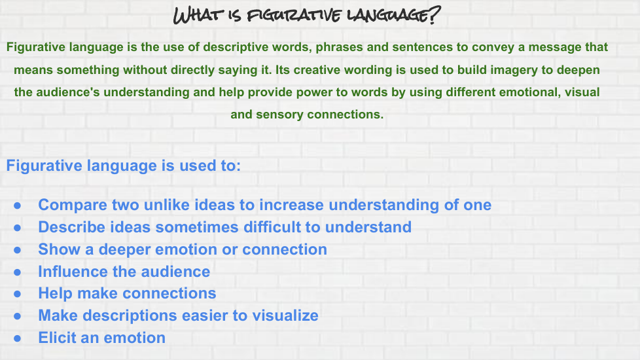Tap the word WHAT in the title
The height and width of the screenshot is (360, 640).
pyautogui.click(x=199, y=16)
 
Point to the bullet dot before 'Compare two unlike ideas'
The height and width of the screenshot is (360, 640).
pyautogui.click(x=17, y=206)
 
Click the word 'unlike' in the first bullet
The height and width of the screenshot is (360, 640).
pyautogui.click(x=166, y=205)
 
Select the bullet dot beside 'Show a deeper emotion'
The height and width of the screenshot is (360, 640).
pyautogui.click(x=17, y=250)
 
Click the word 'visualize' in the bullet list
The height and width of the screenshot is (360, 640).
pyautogui.click(x=285, y=315)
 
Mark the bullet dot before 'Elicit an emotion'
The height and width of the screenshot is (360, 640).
pyautogui.click(x=17, y=338)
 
